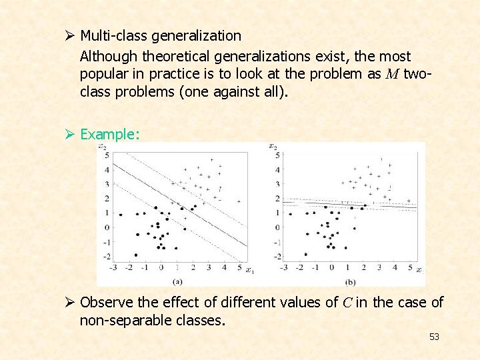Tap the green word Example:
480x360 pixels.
coord(110,134)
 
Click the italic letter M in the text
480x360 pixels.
coord(392,74)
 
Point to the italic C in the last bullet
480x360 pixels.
coord(347,303)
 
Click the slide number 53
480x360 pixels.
coord(434,337)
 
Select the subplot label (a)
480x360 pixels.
coord(177,281)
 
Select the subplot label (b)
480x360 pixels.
coord(351,281)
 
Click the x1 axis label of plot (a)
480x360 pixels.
coord(249,271)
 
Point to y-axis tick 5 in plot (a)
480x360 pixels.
coord(107,155)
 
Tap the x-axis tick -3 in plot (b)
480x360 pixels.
coord(284,267)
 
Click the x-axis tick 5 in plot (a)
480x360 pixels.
coord(240,267)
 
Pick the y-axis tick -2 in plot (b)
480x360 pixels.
coord(277,256)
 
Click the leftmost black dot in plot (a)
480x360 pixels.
coord(120,215)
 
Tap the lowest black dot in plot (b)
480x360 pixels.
coord(306,254)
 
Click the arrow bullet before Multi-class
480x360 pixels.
coord(69,35)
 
